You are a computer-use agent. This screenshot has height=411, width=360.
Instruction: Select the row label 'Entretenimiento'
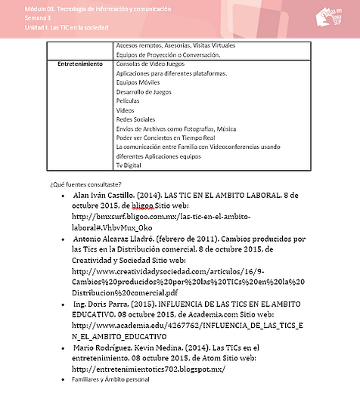pyautogui.click(x=80, y=64)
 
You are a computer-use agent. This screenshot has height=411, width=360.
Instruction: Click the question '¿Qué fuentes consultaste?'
pyautogui.click(x=81, y=184)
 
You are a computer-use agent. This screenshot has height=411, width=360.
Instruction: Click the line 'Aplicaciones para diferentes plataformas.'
pyautogui.click(x=172, y=73)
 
